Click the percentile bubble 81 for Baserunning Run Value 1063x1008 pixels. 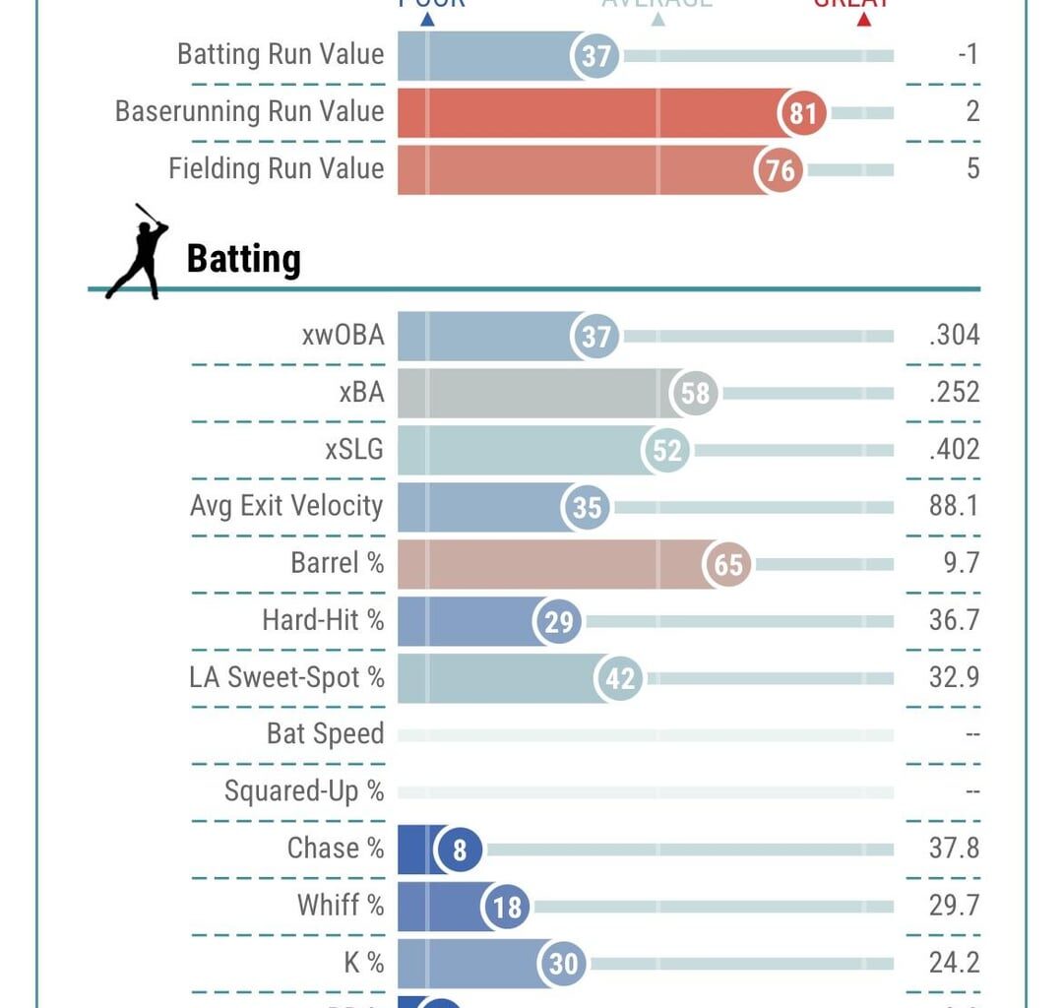point(803,113)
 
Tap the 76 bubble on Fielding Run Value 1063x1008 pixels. point(780,170)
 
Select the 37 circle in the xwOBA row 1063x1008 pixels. point(595,337)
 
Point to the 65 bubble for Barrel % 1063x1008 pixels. point(728,565)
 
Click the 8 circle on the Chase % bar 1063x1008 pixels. point(459,849)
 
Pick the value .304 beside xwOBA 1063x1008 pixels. point(954,336)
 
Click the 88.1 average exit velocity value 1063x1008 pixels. point(954,507)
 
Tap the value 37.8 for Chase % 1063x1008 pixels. point(954,849)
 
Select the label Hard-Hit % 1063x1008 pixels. point(323,620)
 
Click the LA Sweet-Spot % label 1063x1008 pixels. point(286,677)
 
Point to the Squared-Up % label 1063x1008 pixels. point(304,791)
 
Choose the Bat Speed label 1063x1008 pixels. point(325,734)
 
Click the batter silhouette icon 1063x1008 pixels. point(138,252)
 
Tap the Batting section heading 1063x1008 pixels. point(243,260)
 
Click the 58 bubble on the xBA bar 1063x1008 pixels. point(695,394)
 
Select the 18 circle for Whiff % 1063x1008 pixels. point(507,906)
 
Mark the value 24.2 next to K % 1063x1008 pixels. point(954,963)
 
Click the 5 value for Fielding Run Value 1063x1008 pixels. point(972,169)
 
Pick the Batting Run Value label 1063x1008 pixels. point(281,54)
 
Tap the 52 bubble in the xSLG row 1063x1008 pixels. point(666,451)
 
